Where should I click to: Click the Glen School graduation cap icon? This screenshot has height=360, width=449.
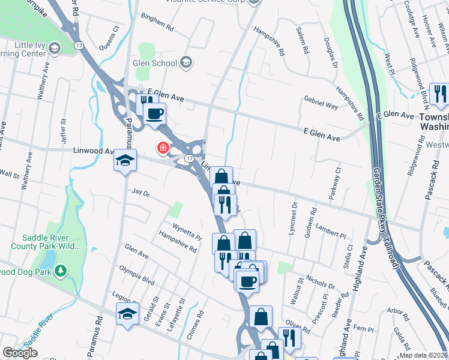186,62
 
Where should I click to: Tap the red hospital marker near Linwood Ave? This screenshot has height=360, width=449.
162,147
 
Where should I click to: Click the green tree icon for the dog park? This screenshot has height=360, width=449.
60,271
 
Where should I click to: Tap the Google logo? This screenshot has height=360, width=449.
20,352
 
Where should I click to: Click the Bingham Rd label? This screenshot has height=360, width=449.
157,23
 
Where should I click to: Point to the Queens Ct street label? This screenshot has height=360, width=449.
109,36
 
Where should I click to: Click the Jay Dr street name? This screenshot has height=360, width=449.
139,193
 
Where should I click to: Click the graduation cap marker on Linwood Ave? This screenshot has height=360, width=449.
126,160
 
